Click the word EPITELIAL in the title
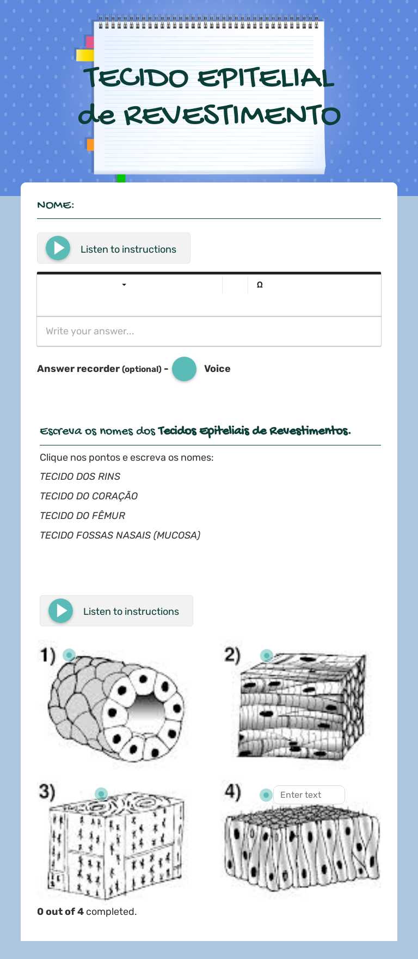pyautogui.click(x=266, y=78)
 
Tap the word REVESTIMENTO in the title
pyautogui.click(x=232, y=115)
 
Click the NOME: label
pyautogui.click(x=56, y=205)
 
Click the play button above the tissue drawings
pyautogui.click(x=61, y=611)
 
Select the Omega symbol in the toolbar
pyautogui.click(x=260, y=285)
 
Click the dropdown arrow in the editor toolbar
pyautogui.click(x=124, y=285)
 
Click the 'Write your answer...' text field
pyautogui.click(x=209, y=331)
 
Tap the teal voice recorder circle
pyautogui.click(x=184, y=369)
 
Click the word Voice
pyautogui.click(x=217, y=369)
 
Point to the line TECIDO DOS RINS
pyautogui.click(x=80, y=477)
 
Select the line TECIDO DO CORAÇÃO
pyautogui.click(x=89, y=496)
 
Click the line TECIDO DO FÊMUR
pyautogui.click(x=83, y=516)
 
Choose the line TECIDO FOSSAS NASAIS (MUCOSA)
pyautogui.click(x=120, y=535)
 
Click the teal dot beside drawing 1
pyautogui.click(x=69, y=655)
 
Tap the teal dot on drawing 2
pyautogui.click(x=266, y=655)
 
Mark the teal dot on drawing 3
pyautogui.click(x=101, y=794)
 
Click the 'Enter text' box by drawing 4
pyautogui.click(x=309, y=795)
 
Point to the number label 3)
pyautogui.click(x=47, y=791)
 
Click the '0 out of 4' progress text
pyautogui.click(x=60, y=912)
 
